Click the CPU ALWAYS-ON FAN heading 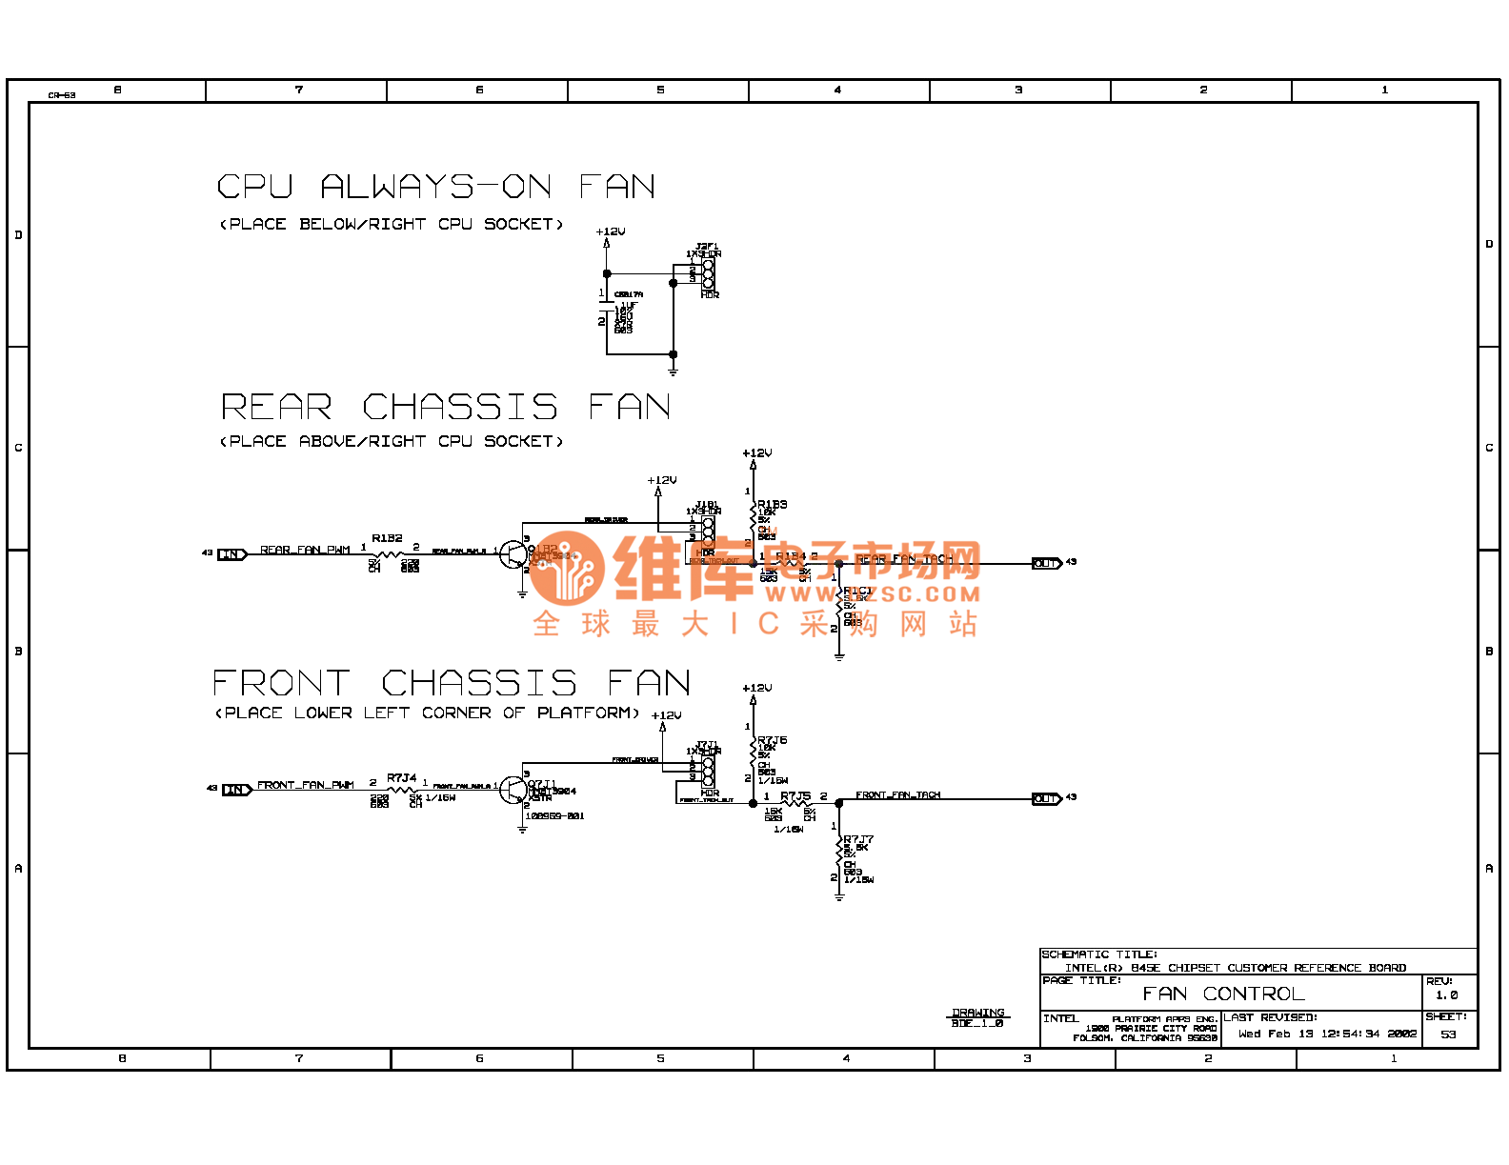tap(435, 187)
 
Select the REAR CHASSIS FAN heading tap(446, 408)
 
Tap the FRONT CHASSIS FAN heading tap(451, 683)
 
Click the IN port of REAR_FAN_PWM tap(232, 554)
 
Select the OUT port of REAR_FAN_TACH tap(1046, 563)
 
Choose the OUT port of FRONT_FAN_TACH tap(1046, 798)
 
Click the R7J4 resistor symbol tap(402, 790)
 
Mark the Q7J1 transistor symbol tap(513, 790)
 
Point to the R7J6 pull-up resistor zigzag tap(754, 753)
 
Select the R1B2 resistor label tap(387, 538)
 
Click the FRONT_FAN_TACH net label tap(897, 794)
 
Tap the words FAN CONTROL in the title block tap(1223, 994)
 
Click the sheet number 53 tap(1448, 1034)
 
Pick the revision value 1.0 tap(1446, 994)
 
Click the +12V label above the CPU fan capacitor tap(610, 231)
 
